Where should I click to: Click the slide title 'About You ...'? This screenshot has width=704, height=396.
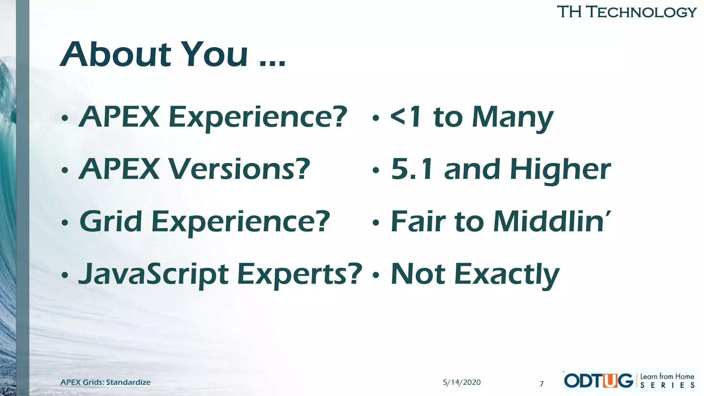173,54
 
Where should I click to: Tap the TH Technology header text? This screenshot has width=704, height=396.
626,12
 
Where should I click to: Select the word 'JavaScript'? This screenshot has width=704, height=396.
154,274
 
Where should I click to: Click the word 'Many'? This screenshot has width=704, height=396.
513,118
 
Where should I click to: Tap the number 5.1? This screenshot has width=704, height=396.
412,169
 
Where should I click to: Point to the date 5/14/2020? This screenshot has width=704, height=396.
462,382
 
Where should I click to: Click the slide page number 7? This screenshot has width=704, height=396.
542,384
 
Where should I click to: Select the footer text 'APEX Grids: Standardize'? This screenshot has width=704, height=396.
105,382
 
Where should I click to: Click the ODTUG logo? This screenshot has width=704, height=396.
598,381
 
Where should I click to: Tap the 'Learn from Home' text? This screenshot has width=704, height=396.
667,376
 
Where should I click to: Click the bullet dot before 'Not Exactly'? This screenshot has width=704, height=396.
376,275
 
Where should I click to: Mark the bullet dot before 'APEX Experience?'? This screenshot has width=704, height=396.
65,118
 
